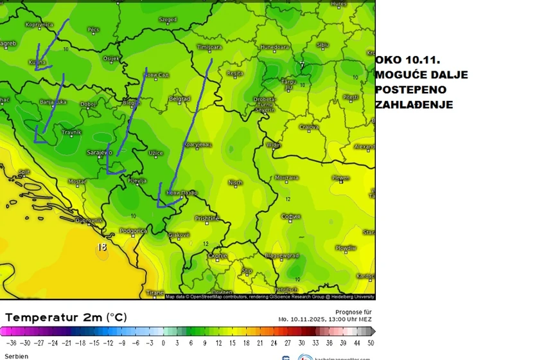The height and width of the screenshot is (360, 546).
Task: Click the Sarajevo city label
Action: point(99,152)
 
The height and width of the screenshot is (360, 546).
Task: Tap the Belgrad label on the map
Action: point(179,98)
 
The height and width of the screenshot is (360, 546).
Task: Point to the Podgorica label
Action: point(134,230)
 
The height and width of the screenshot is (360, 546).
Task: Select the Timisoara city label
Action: point(209,48)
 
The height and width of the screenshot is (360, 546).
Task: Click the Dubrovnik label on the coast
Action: point(89,221)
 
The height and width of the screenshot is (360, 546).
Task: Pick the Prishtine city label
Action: point(207,219)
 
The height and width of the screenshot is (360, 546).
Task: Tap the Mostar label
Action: point(76,181)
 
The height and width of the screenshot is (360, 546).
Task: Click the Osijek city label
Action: point(111,59)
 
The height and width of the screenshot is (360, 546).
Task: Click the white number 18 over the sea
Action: point(102,246)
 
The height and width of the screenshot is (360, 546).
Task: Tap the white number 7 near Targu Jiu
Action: point(301,65)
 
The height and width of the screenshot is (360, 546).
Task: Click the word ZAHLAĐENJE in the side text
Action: point(414,104)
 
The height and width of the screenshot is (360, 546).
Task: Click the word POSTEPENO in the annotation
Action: point(410,89)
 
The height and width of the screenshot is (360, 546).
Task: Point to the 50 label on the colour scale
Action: point(371,343)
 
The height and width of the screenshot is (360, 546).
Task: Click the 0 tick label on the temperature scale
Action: point(163,343)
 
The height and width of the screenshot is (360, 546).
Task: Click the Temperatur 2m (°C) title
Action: point(66,318)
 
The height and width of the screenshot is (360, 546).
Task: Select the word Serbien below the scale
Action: point(16,356)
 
